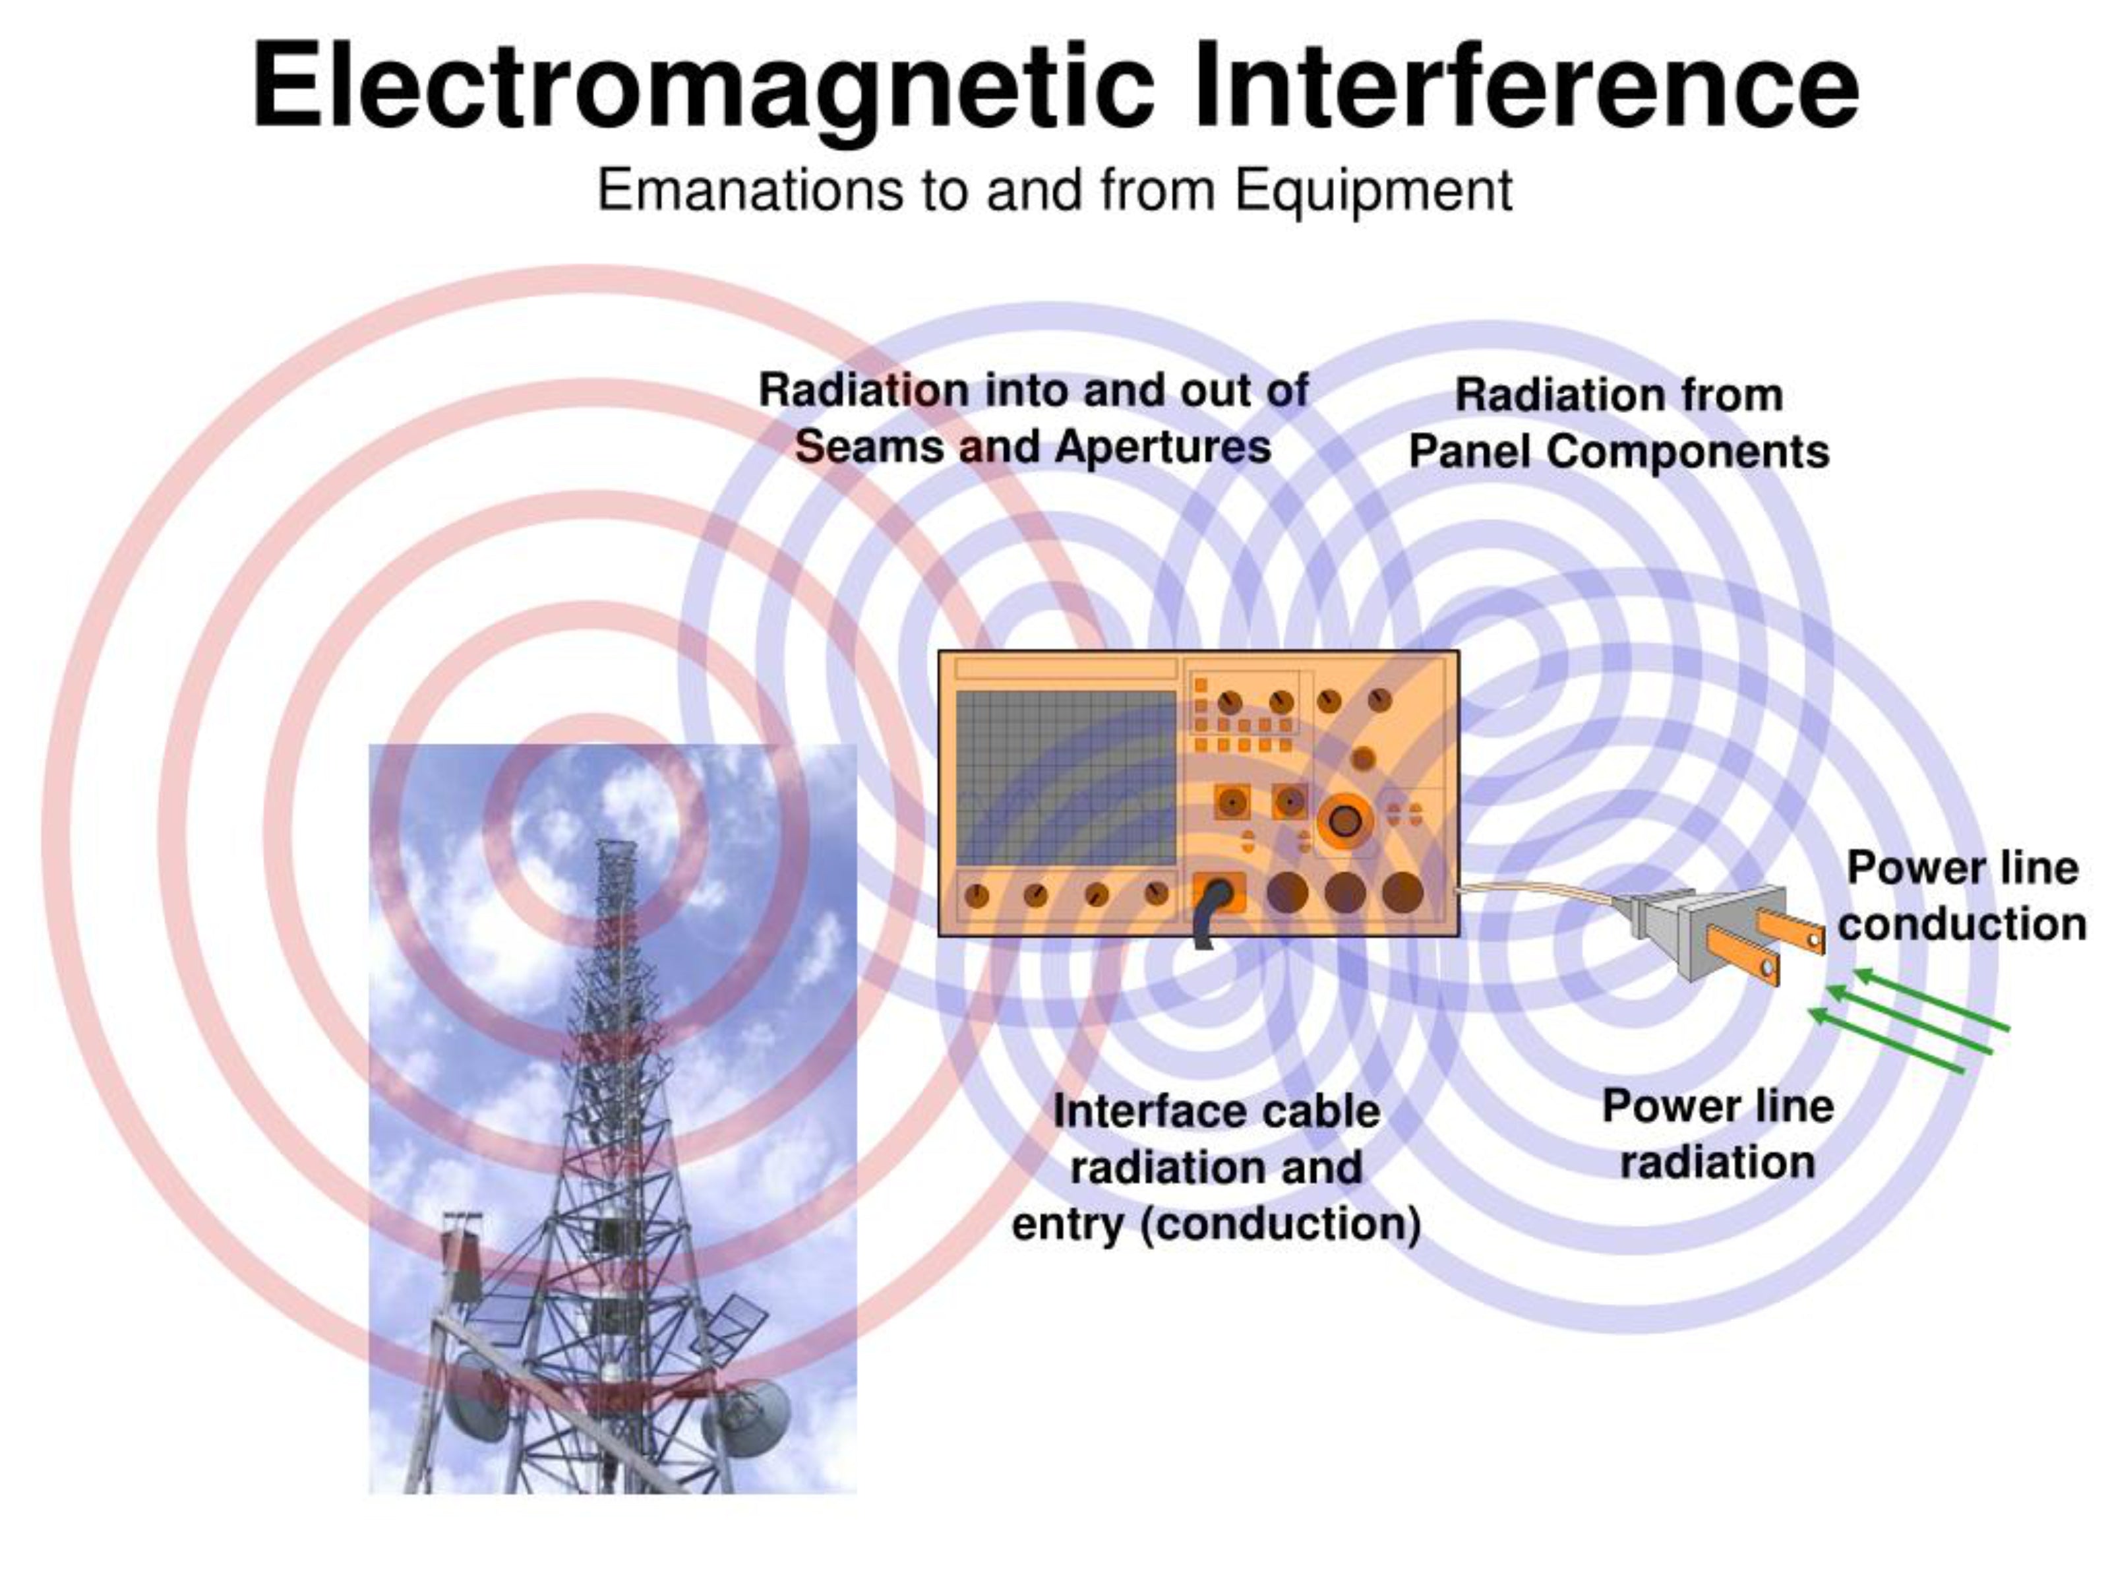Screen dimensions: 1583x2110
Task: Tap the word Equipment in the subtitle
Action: click(x=1373, y=190)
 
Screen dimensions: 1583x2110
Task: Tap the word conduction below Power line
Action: click(x=1962, y=923)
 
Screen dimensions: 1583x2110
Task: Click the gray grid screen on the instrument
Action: click(x=1066, y=778)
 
